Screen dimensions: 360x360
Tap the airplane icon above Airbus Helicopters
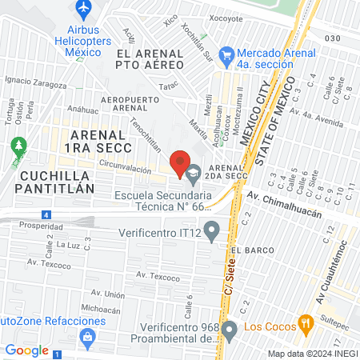coord(82,9)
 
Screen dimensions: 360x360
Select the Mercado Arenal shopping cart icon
coord(226,54)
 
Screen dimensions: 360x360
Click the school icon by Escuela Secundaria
coord(194,170)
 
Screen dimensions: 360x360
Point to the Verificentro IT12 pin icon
coord(211,234)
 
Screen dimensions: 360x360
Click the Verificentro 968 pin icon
coord(229,329)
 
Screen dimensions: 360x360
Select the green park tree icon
coord(18,147)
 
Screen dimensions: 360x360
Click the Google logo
coord(26,350)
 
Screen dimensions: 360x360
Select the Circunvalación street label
coord(126,170)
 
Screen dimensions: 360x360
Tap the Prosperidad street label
coord(30,226)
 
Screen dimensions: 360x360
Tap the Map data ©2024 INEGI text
coord(310,353)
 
